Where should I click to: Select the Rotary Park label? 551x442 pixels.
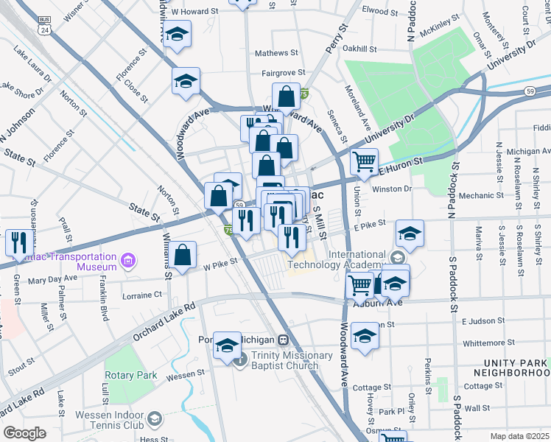point(130,375)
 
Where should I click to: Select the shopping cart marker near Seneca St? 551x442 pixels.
point(364,161)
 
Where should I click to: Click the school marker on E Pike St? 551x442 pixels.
point(410,232)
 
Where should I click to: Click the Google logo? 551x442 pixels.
point(24,433)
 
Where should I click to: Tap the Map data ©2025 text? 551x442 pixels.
point(519,436)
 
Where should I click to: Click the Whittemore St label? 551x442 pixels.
point(488,343)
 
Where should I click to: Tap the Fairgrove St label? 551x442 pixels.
point(284,74)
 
